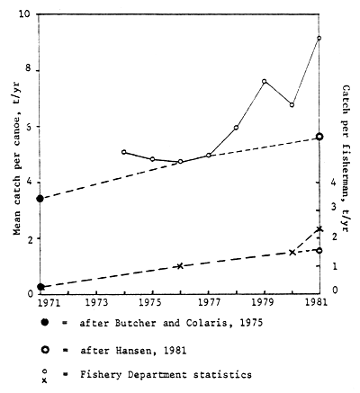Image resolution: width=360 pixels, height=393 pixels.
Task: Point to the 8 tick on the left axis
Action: [x=28, y=69]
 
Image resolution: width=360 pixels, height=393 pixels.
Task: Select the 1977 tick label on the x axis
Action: [x=208, y=305]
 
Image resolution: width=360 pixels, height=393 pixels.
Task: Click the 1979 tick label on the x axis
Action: [x=264, y=305]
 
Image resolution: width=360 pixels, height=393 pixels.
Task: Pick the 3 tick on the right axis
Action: [x=334, y=208]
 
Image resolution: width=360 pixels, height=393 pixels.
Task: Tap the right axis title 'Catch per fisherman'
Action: [x=347, y=153]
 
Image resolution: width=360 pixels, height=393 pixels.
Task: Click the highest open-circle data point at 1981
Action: [x=319, y=38]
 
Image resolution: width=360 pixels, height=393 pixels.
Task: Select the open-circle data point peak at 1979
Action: [x=264, y=81]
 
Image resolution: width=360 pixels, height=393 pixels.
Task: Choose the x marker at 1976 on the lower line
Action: [x=180, y=266]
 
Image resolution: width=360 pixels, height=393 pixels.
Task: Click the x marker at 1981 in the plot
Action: [x=319, y=229]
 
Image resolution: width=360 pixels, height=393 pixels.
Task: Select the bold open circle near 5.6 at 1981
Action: [x=319, y=137]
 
